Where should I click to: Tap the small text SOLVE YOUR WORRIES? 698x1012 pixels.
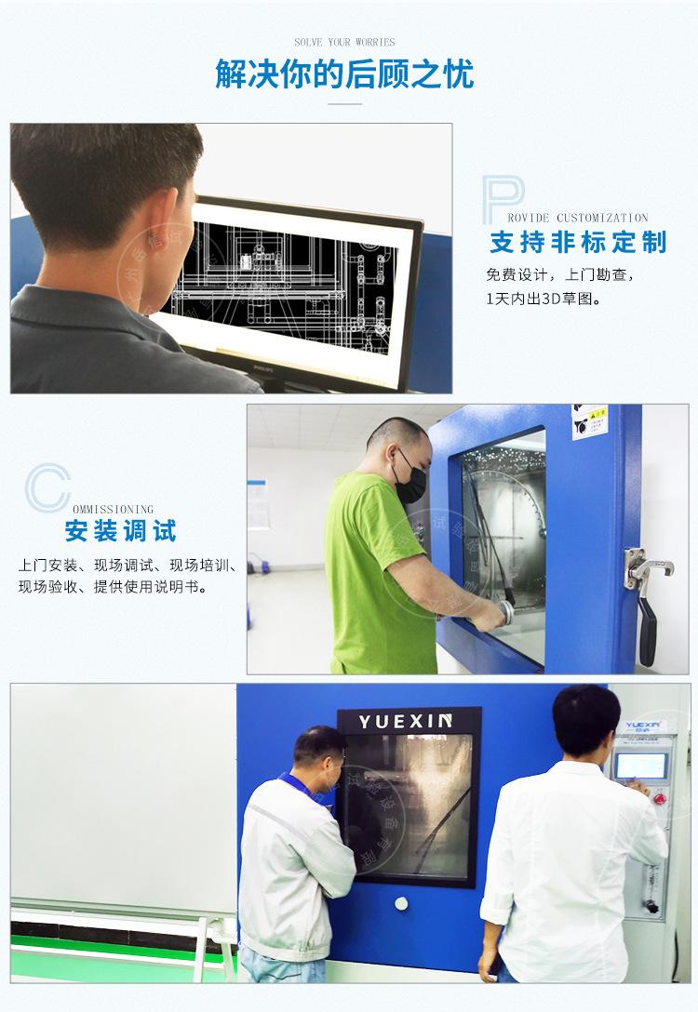344,42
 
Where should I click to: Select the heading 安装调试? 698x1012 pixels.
120,532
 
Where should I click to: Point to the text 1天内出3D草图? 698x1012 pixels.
543,300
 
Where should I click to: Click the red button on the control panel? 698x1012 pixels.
662,798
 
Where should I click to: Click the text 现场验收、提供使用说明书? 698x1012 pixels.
113,589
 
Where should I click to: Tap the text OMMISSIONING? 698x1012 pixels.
113,510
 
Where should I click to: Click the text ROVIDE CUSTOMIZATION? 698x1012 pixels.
588,218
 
